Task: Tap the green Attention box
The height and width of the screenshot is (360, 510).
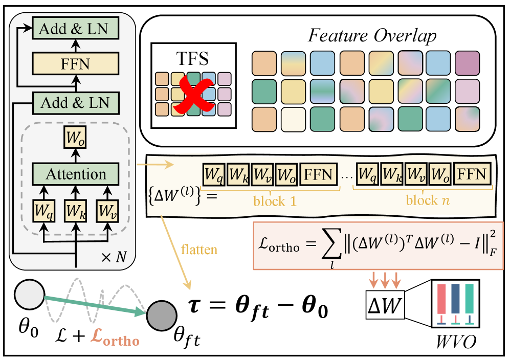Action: coord(76,175)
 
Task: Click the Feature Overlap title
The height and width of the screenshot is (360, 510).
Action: coord(372,37)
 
